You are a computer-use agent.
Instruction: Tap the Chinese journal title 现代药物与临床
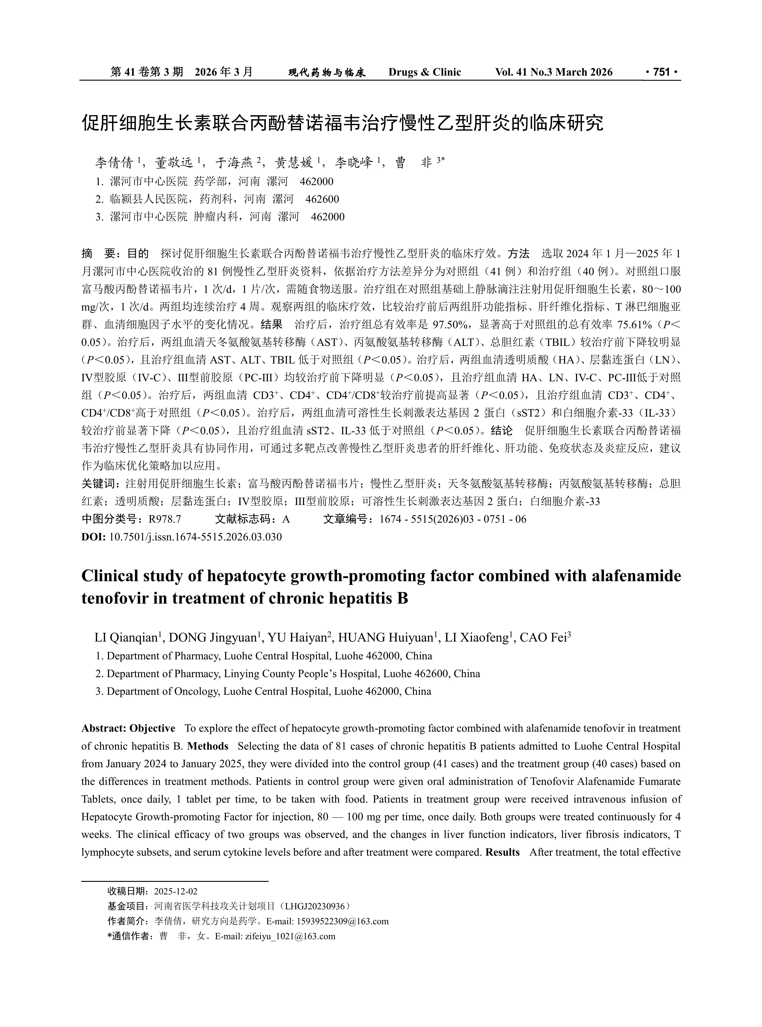pyautogui.click(x=327, y=72)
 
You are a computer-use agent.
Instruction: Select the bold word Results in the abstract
pyautogui.click(x=502, y=852)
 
